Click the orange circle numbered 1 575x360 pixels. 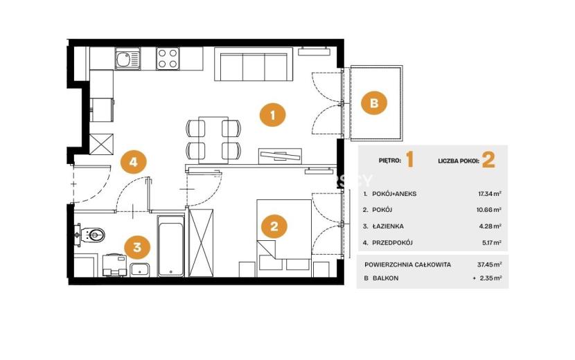272,115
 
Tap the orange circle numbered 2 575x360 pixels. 274,226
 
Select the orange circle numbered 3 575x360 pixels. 137,246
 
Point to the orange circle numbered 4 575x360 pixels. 134,161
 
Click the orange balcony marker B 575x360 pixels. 374,102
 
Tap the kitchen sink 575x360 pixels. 127,59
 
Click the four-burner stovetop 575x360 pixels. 168,59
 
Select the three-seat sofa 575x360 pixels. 254,64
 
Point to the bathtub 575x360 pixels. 171,246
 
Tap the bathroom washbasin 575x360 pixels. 140,270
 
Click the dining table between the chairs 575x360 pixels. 213,140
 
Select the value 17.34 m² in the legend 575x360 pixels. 490,194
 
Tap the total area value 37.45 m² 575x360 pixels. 490,264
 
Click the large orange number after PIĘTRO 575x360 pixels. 410,160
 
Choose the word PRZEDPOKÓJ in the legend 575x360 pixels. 392,243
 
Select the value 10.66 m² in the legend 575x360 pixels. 490,210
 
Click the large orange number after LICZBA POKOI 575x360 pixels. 488,160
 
